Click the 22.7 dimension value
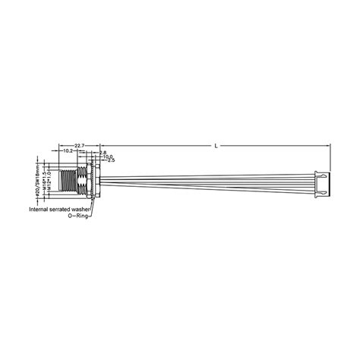[79, 145]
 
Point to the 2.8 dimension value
[103, 152]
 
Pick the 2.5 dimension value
[110, 161]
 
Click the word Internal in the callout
[41, 209]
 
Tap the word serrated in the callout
[66, 209]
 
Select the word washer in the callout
[89, 209]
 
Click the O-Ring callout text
[77, 216]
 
